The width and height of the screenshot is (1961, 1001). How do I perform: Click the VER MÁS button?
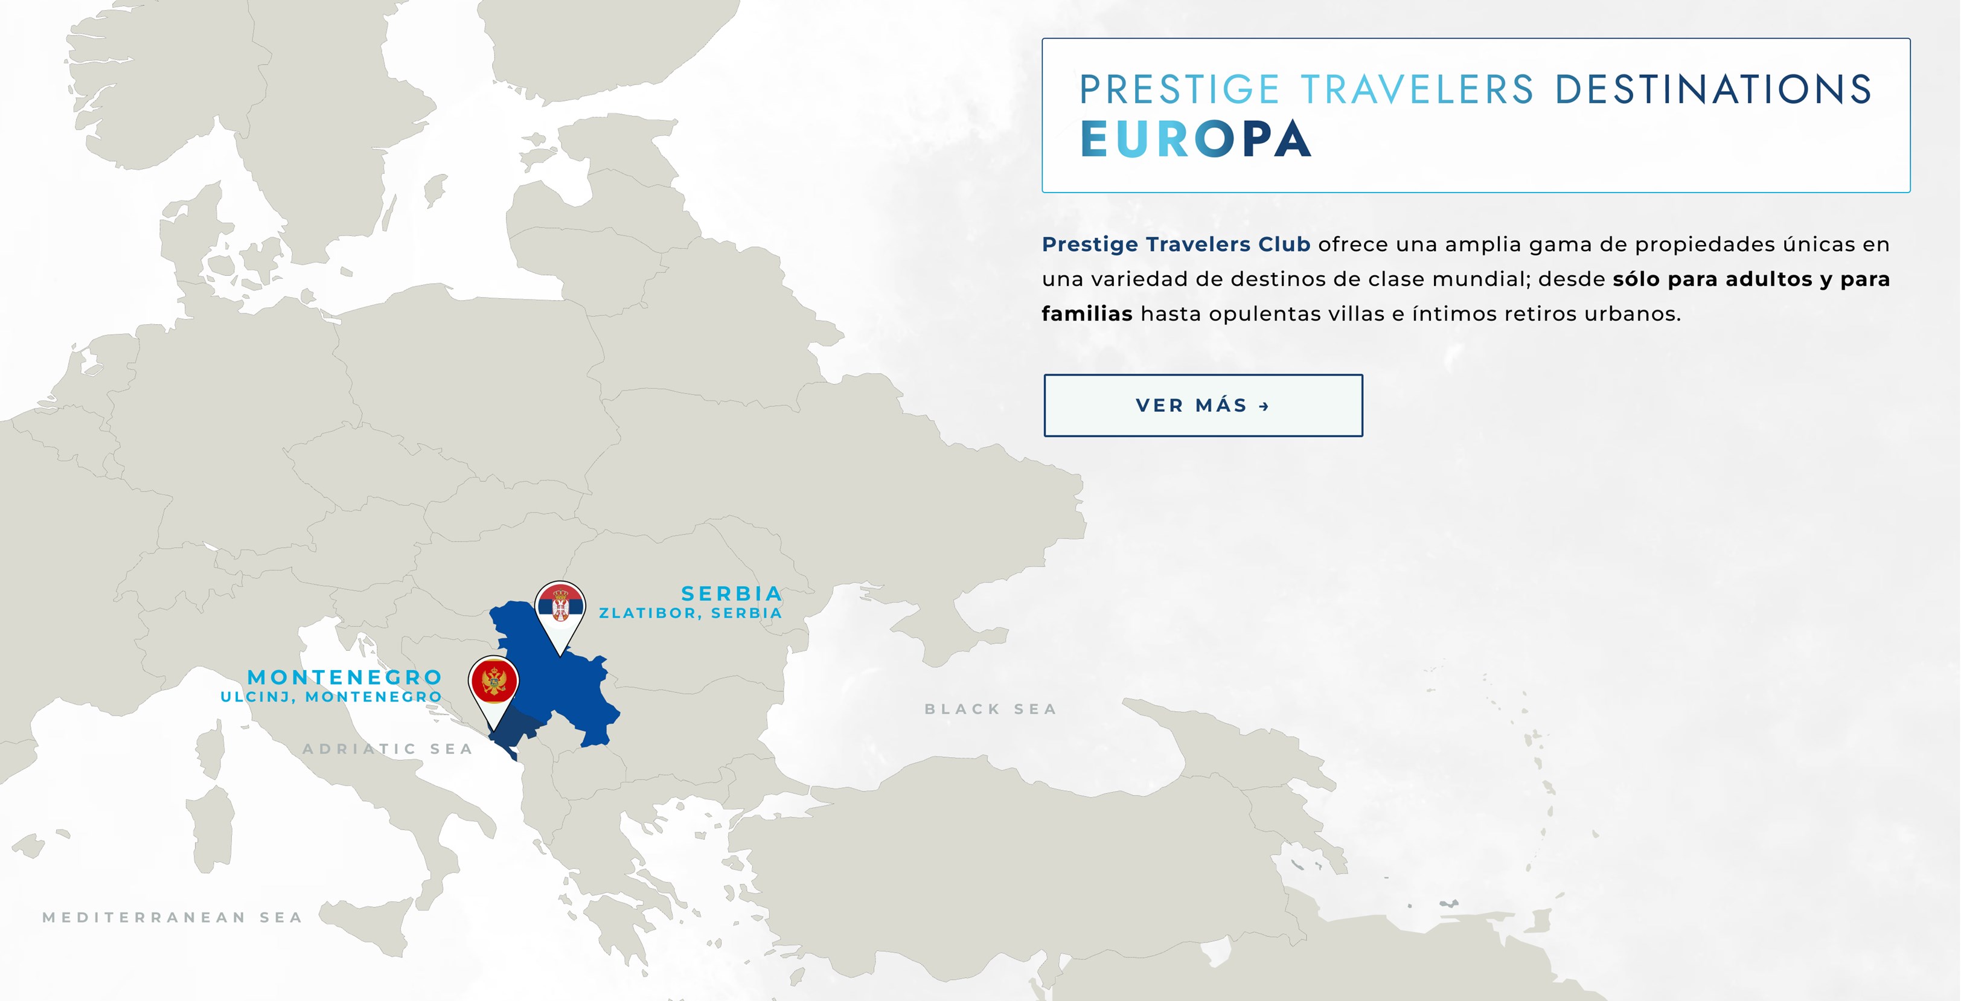(1203, 405)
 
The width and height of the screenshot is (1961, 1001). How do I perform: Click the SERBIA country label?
(732, 593)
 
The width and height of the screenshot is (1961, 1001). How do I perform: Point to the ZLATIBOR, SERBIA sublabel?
(691, 613)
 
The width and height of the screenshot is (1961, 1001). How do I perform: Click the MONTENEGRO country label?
(345, 677)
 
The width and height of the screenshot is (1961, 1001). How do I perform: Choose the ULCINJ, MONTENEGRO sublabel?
(331, 697)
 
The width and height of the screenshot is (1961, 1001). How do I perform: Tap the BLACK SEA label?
(990, 709)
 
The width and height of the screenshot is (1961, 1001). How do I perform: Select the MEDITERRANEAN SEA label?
(173, 917)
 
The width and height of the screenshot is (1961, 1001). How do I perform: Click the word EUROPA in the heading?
(1195, 140)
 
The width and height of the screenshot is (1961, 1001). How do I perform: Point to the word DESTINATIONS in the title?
(1713, 89)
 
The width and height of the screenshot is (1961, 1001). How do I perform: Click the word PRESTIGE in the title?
(1179, 89)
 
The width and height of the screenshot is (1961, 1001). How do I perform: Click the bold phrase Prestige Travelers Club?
(1176, 245)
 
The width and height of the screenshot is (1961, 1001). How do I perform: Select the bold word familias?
(1086, 313)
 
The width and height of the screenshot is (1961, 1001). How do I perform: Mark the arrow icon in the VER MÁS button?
(1264, 406)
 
